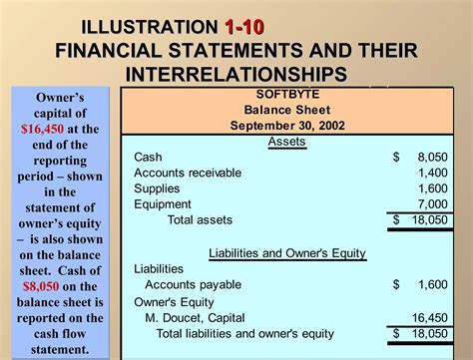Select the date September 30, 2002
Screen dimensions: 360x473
pyautogui.click(x=286, y=126)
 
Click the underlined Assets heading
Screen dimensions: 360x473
pyautogui.click(x=286, y=141)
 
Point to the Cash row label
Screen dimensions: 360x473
pyautogui.click(x=148, y=157)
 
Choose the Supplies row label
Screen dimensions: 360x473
pyautogui.click(x=157, y=188)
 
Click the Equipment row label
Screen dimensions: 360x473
pyautogui.click(x=163, y=203)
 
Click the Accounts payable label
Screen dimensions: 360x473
pyautogui.click(x=194, y=285)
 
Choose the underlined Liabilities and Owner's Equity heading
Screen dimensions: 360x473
pyautogui.click(x=286, y=253)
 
